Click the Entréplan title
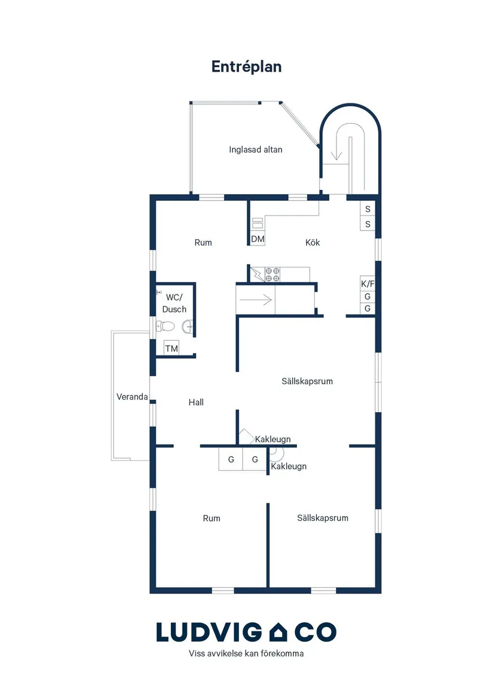[246, 67]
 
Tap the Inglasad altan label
[255, 150]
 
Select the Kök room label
[313, 242]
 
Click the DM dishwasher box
[258, 239]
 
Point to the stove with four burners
[272, 275]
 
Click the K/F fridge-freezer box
[368, 284]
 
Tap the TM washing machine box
[172, 349]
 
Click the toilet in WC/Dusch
[165, 327]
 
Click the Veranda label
[132, 397]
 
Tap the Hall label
[196, 403]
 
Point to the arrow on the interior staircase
[255, 300]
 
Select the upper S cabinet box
[368, 209]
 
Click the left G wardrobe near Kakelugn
[231, 459]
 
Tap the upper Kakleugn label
[272, 439]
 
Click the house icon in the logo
[278, 632]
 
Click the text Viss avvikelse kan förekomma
[246, 653]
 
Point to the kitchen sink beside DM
[258, 223]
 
